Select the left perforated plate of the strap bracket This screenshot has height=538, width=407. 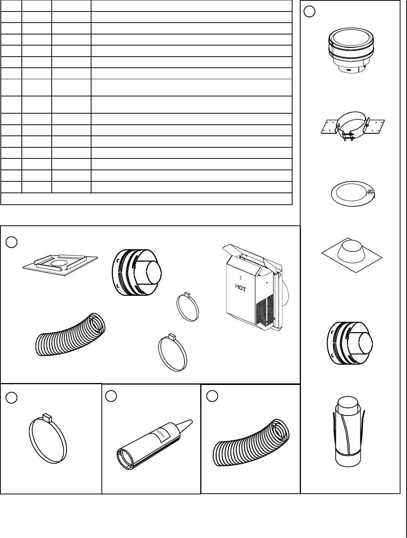(330, 127)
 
